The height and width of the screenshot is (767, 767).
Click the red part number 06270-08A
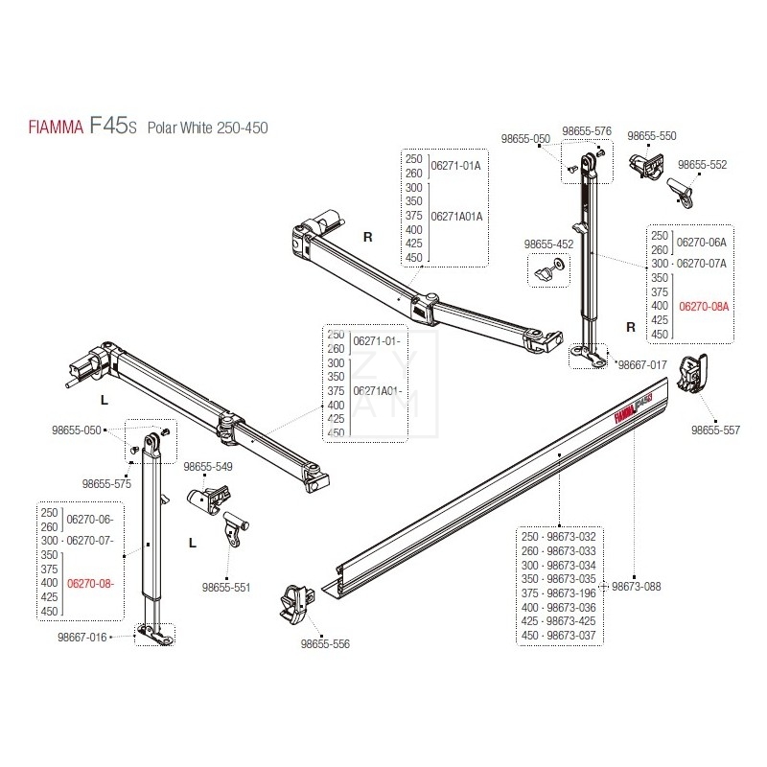point(704,307)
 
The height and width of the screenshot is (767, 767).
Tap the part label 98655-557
point(715,430)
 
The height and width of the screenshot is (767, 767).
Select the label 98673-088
point(637,586)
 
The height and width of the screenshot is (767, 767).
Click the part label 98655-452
point(548,244)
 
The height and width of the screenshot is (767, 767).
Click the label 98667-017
point(641,365)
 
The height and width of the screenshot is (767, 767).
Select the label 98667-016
point(81,636)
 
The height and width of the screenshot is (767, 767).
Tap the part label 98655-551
point(225,587)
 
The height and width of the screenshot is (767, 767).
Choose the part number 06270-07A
point(703,263)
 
